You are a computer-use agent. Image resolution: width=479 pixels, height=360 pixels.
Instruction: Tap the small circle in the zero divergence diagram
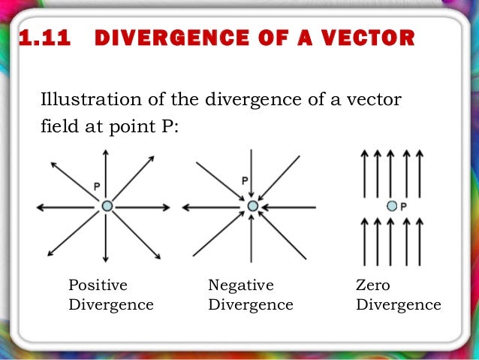coord(391,205)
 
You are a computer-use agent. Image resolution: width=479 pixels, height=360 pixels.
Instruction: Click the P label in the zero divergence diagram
coord(403,206)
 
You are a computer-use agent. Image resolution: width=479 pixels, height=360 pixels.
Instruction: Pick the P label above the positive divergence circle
coord(97,186)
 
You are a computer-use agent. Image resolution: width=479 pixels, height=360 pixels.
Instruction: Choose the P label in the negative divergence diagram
coord(244,181)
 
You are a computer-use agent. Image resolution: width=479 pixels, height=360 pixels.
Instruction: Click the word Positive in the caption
coord(98,285)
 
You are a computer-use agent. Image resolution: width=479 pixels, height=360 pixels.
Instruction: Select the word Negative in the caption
coord(240,285)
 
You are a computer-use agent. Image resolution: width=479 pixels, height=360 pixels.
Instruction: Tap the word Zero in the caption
coord(373,285)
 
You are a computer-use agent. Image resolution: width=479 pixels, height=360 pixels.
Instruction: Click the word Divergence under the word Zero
coord(399,304)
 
